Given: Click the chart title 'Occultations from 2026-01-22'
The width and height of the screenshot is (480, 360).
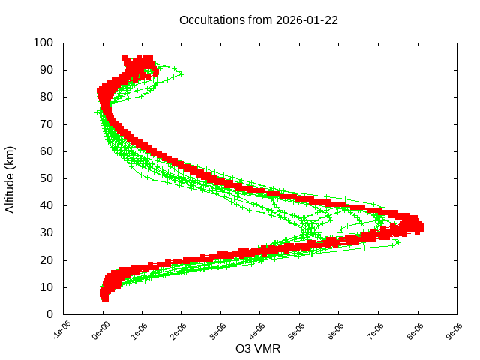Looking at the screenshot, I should point(258,20).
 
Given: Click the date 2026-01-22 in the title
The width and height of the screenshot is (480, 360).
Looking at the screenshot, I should point(307,20).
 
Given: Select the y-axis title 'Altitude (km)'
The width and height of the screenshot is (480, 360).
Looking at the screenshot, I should point(10,178).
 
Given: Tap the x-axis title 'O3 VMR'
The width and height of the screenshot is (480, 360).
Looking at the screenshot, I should point(258,349).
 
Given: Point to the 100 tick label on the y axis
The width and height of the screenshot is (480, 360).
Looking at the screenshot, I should point(43,43).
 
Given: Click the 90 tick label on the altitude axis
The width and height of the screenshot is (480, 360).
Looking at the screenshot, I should point(46,70).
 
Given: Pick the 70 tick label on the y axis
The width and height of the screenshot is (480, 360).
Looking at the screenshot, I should point(46,124).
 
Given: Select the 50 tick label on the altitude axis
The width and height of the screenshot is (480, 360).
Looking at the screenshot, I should point(46,178).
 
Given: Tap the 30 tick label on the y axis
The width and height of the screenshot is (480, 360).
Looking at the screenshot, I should point(46,232).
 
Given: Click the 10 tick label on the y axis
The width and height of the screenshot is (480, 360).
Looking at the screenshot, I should point(46,286).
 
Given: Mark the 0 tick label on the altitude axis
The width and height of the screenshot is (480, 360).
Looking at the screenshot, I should point(49,313).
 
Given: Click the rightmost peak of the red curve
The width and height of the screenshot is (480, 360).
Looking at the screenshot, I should point(421,226).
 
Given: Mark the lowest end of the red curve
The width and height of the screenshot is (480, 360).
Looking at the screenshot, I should point(104,298).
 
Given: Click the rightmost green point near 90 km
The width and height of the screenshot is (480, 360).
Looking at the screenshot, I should point(180,73).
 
